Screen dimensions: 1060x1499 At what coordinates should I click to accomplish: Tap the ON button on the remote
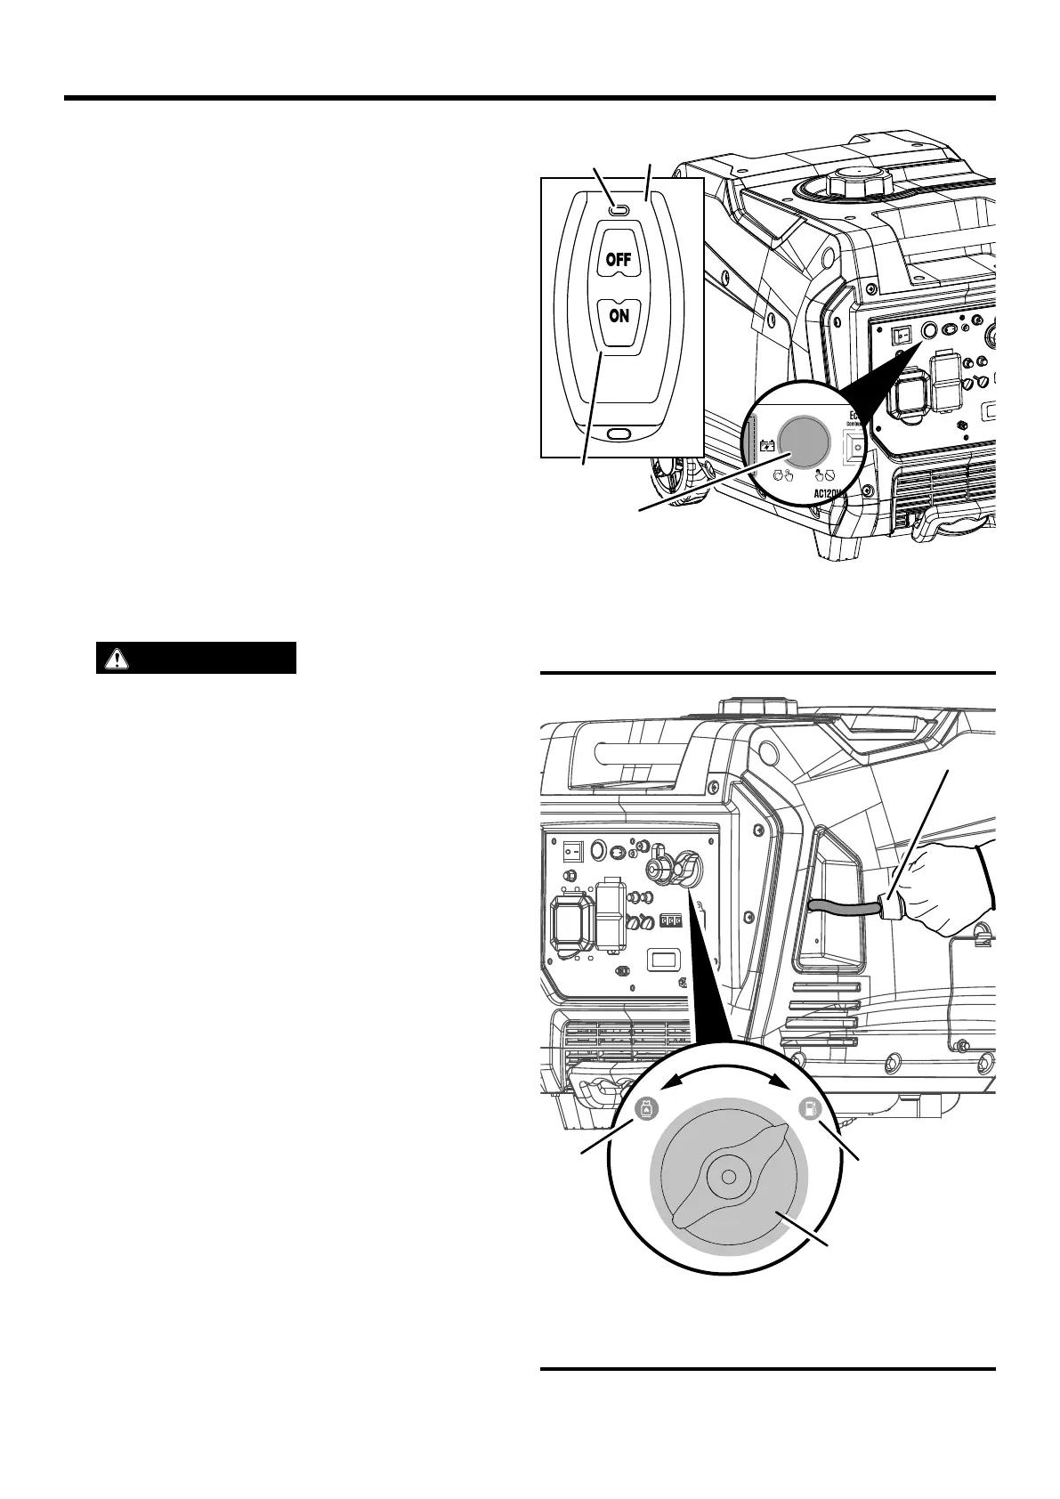[619, 316]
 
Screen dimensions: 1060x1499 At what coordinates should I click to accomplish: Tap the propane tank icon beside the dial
[645, 1110]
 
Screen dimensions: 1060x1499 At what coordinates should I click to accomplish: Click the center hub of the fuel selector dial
[728, 1177]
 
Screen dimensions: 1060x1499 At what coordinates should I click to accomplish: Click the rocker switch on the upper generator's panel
[902, 336]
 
